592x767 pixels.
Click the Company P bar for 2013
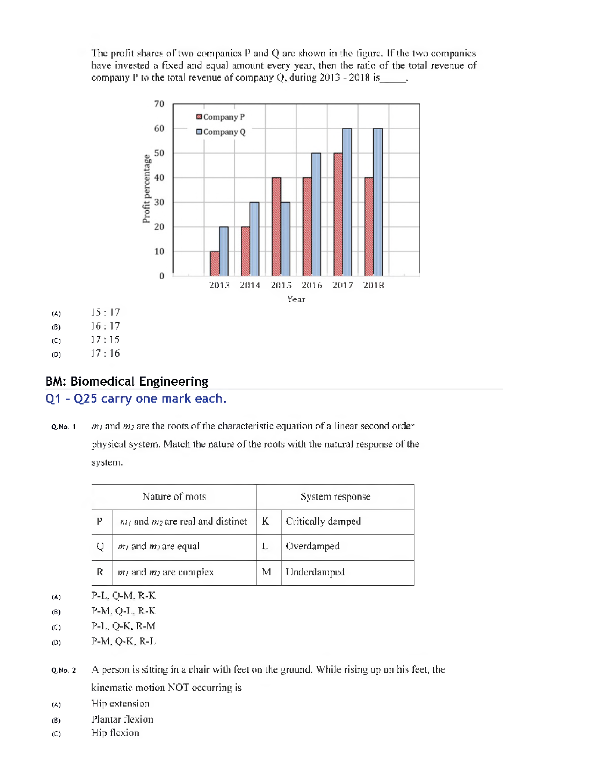pyautogui.click(x=214, y=264)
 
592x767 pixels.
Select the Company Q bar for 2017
pyautogui.click(x=347, y=202)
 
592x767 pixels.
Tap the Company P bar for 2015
pyautogui.click(x=276, y=227)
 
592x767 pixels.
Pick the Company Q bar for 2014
pyautogui.click(x=254, y=239)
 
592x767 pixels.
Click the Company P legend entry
pyautogui.click(x=221, y=117)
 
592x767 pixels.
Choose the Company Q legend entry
pyautogui.click(x=221, y=132)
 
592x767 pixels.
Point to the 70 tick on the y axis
pyautogui.click(x=159, y=104)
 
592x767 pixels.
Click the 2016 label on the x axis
pyautogui.click(x=312, y=285)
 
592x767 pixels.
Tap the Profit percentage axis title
pyautogui.click(x=146, y=189)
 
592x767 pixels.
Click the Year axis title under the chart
pyautogui.click(x=296, y=299)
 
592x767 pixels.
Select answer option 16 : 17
pyautogui.click(x=105, y=327)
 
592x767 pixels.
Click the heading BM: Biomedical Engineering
pyautogui.click(x=127, y=381)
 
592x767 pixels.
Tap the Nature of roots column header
pyautogui.click(x=174, y=497)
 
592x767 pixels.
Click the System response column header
pyautogui.click(x=335, y=497)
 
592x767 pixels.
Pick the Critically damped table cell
pyautogui.click(x=323, y=522)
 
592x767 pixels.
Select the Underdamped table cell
pyautogui.click(x=315, y=572)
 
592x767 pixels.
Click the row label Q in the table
pyautogui.click(x=100, y=547)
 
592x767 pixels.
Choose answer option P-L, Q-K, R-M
pyautogui.click(x=123, y=626)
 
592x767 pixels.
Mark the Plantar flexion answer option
pyautogui.click(x=122, y=719)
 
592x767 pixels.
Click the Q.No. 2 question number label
pyautogui.click(x=63, y=671)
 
